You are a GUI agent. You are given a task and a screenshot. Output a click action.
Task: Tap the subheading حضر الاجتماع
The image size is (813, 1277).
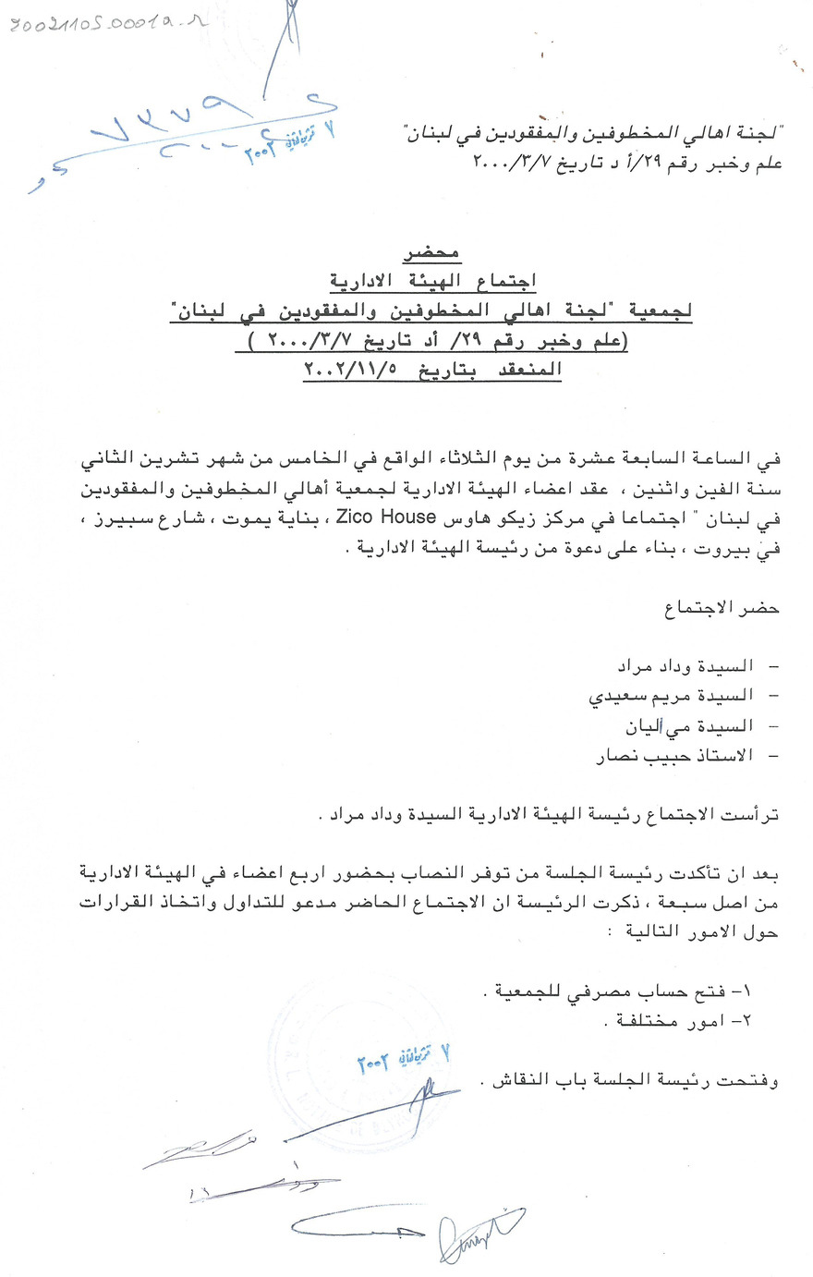(722, 608)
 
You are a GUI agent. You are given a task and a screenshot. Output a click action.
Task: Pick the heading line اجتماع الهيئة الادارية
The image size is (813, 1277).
(432, 281)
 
